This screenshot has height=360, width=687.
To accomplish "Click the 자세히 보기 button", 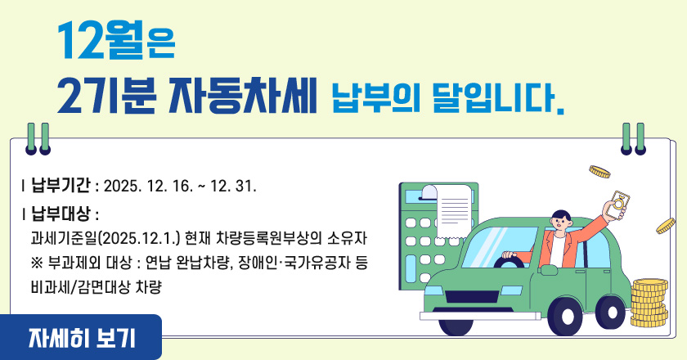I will pos(81,336).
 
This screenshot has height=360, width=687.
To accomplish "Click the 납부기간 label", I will pos(61,185).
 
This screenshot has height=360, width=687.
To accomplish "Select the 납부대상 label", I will pos(61,215).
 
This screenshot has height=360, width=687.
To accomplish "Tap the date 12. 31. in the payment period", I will pos(234,186).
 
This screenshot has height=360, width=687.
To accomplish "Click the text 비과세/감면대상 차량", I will pos(96,286).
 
